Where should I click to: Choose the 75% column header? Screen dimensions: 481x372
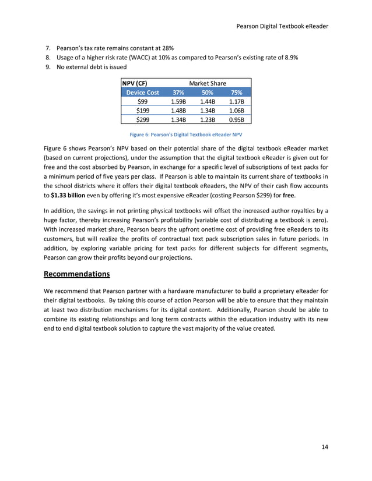pos(236,92)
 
